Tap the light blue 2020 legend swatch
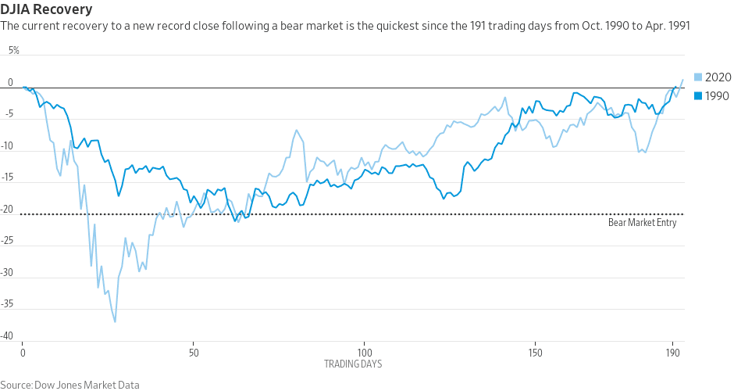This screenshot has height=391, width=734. pyautogui.click(x=698, y=77)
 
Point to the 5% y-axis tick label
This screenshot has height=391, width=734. pyautogui.click(x=14, y=51)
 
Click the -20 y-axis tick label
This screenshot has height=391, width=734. pyautogui.click(x=9, y=210)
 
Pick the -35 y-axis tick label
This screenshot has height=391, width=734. pyautogui.click(x=9, y=304)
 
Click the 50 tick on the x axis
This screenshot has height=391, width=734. pyautogui.click(x=194, y=353)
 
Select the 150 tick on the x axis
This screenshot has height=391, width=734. pyautogui.click(x=535, y=353)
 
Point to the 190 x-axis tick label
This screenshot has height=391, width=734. pyautogui.click(x=672, y=353)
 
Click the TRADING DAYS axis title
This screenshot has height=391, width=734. pyautogui.click(x=353, y=364)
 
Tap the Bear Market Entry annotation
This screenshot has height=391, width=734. pyautogui.click(x=642, y=223)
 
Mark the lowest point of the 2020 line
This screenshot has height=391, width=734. pyautogui.click(x=115, y=321)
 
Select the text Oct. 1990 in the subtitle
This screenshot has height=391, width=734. pyautogui.click(x=579, y=27)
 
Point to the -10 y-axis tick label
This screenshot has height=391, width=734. pyautogui.click(x=9, y=146)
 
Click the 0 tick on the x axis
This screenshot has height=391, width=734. pyautogui.click(x=23, y=353)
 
